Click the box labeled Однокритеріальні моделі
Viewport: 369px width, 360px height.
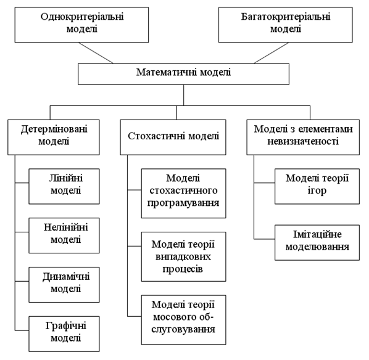click(x=81, y=25)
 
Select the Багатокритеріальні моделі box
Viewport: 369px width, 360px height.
click(x=286, y=25)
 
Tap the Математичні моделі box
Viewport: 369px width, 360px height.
click(x=183, y=74)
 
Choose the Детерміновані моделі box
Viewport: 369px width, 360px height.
click(x=54, y=137)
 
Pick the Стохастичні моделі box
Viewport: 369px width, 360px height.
click(x=173, y=137)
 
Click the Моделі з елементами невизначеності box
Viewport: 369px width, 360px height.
click(x=303, y=137)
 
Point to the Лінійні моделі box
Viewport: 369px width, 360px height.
click(x=64, y=186)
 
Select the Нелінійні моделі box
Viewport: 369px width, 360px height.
click(x=64, y=235)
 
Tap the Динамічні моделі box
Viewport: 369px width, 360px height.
click(x=64, y=285)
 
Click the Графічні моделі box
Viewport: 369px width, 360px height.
click(x=64, y=333)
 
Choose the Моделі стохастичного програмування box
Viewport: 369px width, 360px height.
click(x=183, y=194)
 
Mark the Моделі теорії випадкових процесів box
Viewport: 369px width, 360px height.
click(x=183, y=256)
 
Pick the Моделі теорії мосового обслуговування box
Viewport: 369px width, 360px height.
click(x=183, y=320)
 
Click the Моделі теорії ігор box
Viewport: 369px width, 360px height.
click(x=317, y=186)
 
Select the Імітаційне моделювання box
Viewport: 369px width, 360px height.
click(x=317, y=242)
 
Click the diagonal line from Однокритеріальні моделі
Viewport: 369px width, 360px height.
click(x=96, y=53)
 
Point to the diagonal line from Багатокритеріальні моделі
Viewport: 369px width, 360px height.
click(x=272, y=53)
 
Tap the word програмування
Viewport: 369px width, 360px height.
click(x=183, y=203)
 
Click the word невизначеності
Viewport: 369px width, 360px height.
click(x=303, y=142)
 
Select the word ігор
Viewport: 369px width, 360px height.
click(x=317, y=191)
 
